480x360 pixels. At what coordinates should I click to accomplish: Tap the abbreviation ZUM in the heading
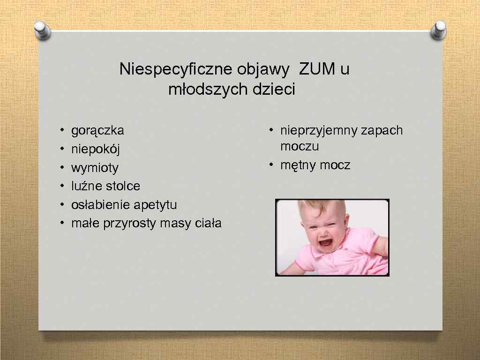(317, 69)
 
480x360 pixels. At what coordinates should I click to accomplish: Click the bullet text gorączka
(97, 130)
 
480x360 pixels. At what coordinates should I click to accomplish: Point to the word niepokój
(96, 150)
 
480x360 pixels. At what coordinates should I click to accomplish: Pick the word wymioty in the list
(95, 168)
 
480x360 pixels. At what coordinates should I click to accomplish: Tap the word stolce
(123, 186)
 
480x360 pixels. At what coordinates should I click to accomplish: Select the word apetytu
(155, 205)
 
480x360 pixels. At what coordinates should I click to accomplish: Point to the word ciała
(208, 223)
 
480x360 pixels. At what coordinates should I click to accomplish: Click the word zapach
(382, 130)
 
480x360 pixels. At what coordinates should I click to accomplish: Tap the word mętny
(298, 165)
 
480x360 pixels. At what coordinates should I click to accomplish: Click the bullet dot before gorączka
(61, 130)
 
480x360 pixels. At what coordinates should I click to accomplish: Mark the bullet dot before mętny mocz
(271, 165)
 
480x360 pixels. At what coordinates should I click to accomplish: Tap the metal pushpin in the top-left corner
(43, 32)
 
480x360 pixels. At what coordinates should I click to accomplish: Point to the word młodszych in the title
(209, 89)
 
